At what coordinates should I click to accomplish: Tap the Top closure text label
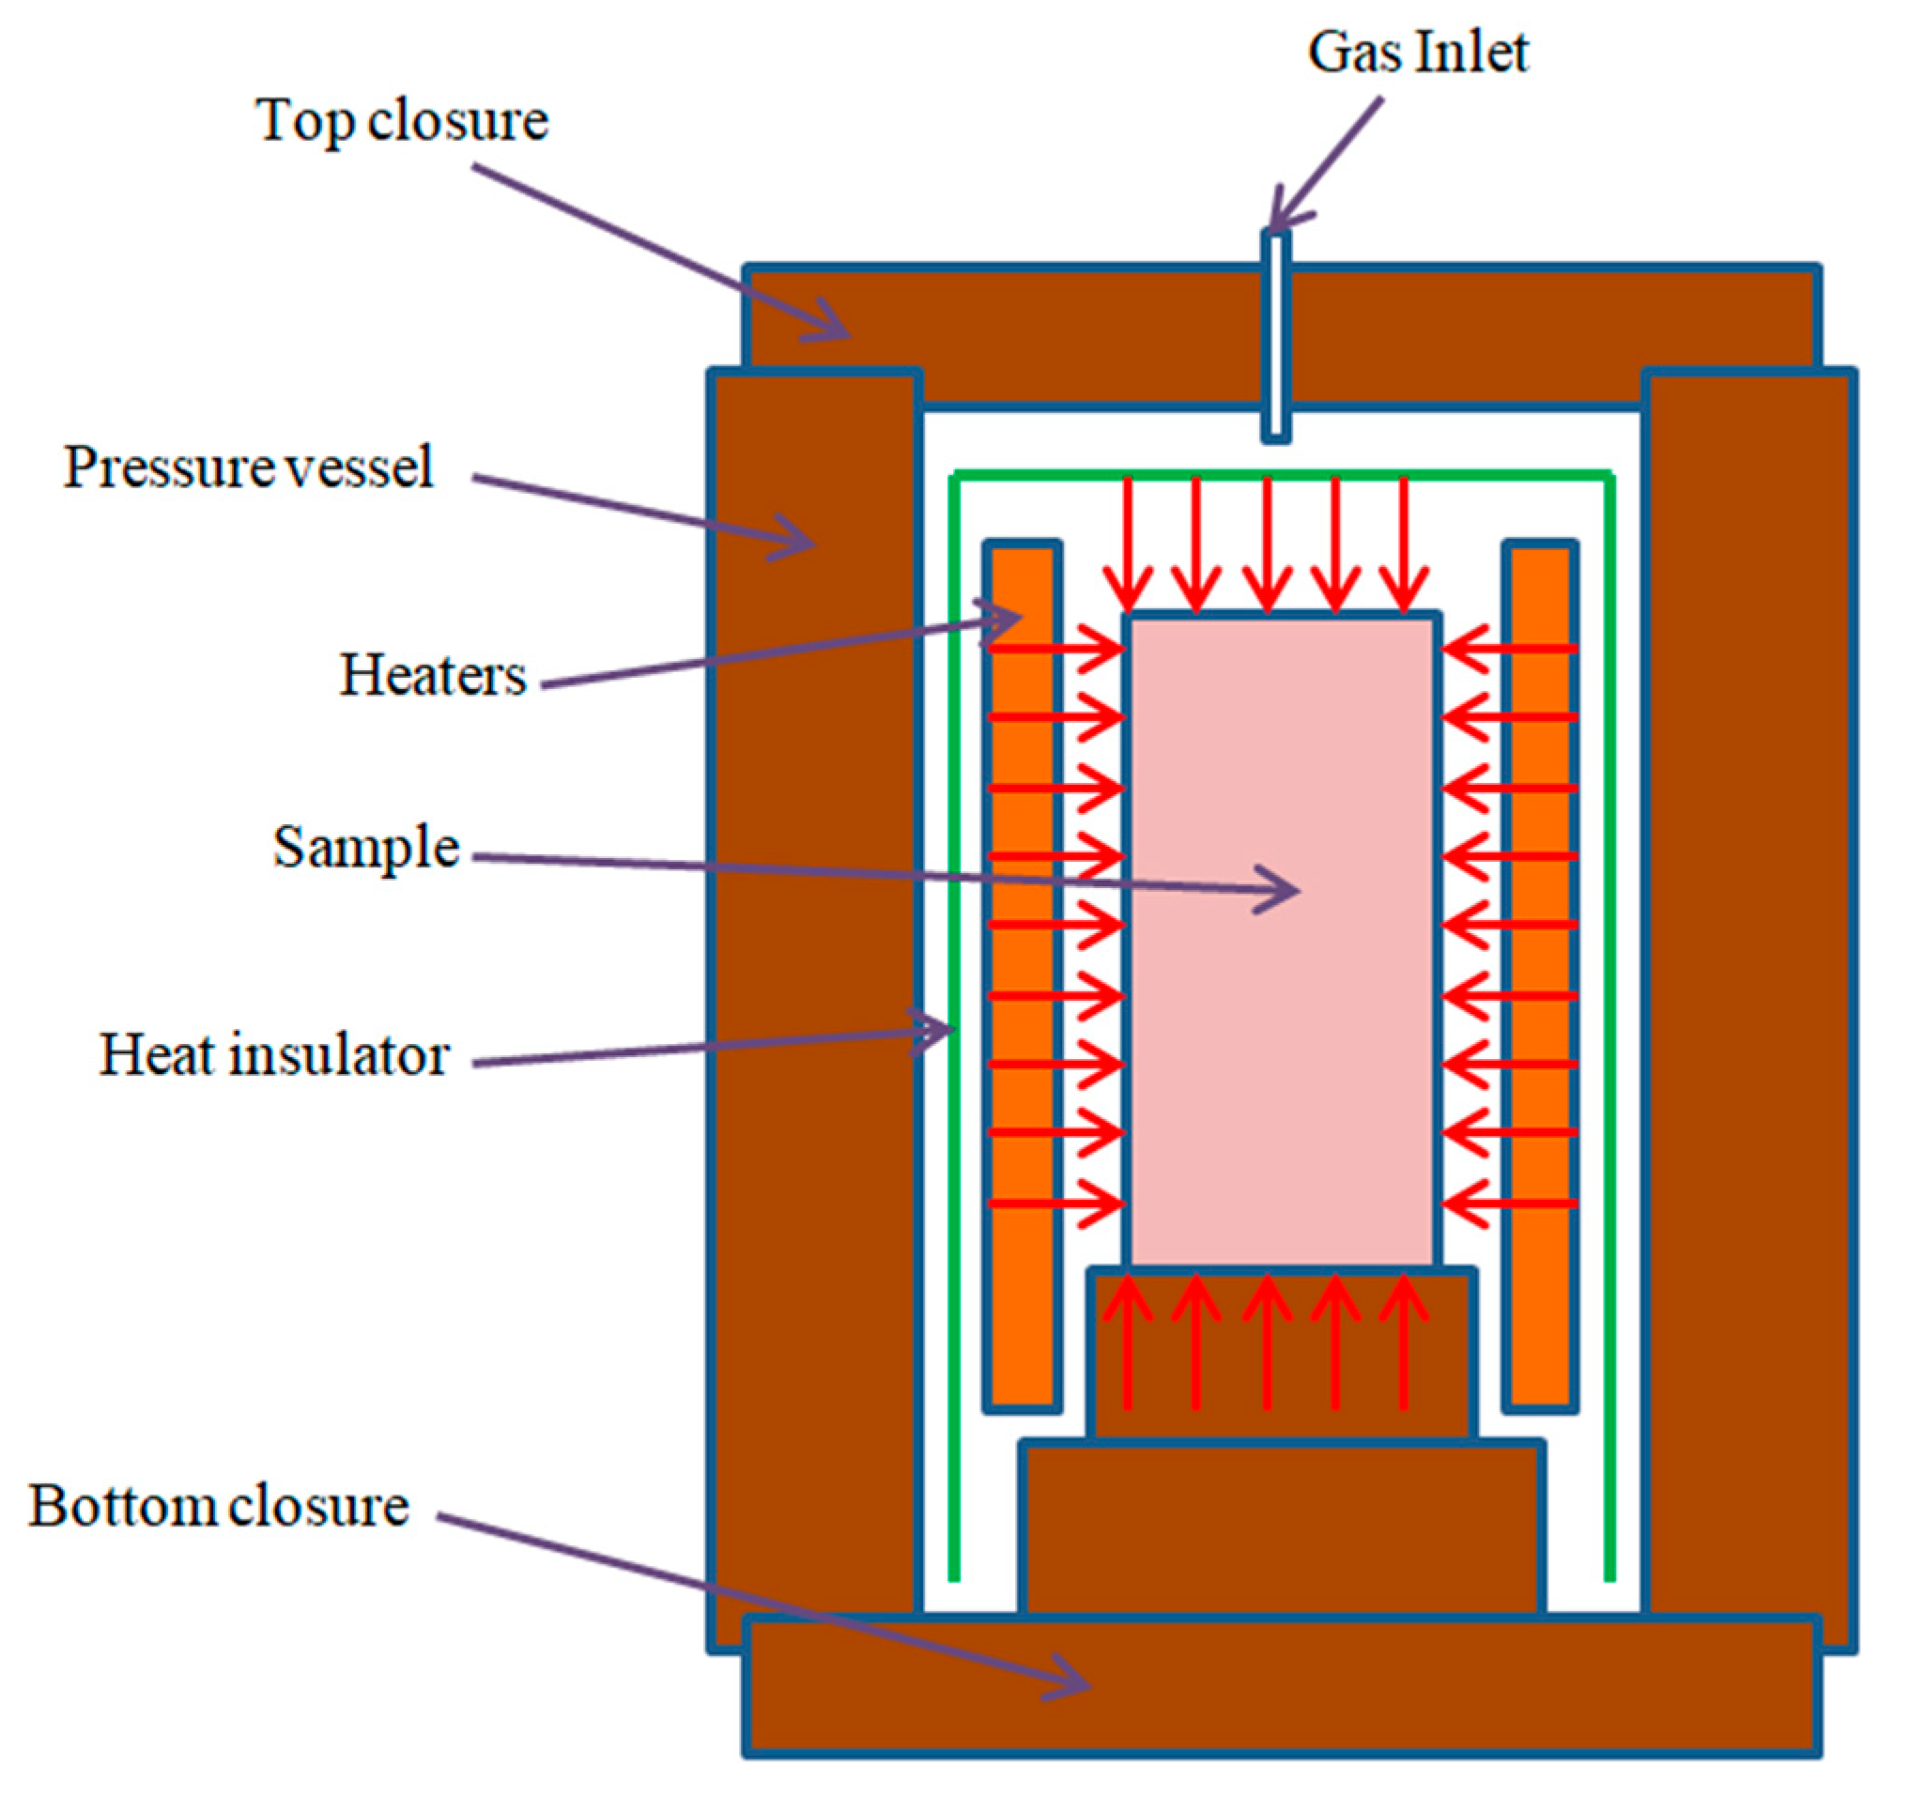(402, 121)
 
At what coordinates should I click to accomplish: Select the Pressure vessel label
(248, 468)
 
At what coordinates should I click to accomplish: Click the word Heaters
(432, 675)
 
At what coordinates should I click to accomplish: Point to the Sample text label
(366, 848)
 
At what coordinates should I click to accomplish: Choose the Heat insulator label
(274, 1055)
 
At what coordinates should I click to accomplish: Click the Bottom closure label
(218, 1505)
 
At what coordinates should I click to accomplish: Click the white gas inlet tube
(1276, 338)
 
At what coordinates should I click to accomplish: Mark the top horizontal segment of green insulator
(1062, 475)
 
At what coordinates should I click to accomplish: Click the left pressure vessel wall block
(813, 965)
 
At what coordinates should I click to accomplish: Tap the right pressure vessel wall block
(1748, 965)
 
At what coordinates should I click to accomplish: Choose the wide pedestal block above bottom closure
(1281, 1529)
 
